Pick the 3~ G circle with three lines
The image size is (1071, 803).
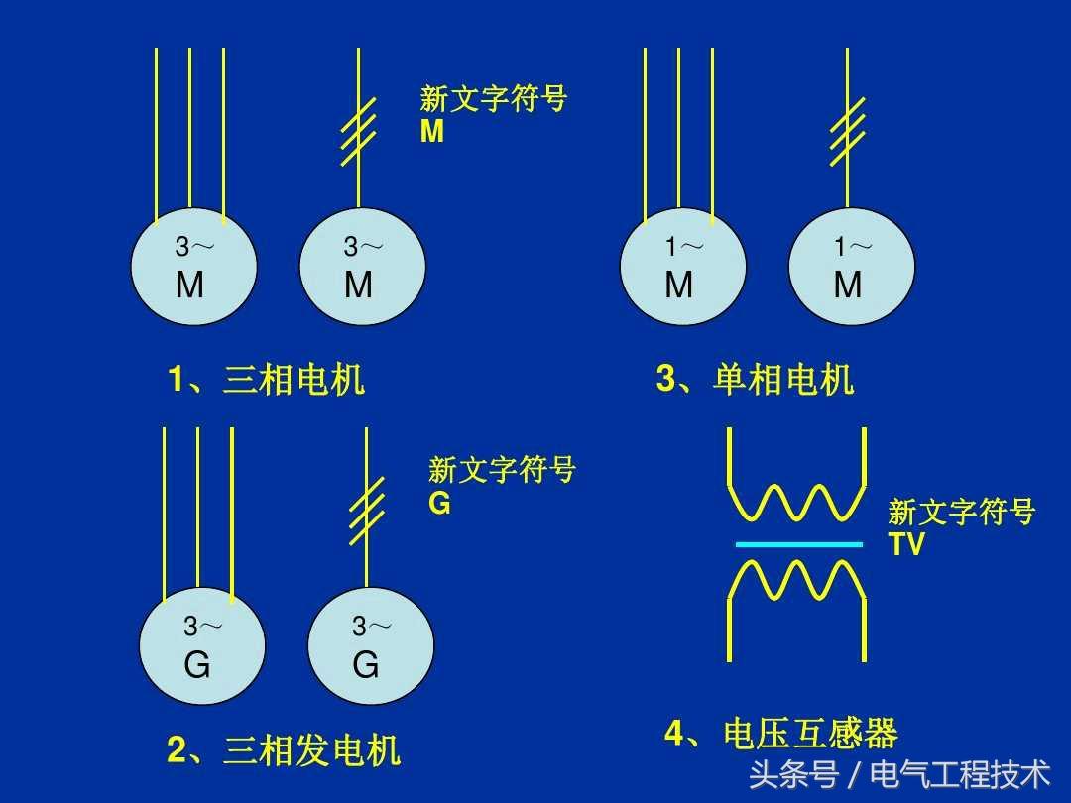[201, 647]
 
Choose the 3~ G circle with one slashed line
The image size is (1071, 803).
[370, 647]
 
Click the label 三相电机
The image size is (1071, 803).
[294, 380]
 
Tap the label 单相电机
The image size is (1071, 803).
[782, 380]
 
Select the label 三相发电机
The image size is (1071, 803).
[311, 750]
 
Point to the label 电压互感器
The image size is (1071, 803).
[810, 735]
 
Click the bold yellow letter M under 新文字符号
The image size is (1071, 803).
[432, 132]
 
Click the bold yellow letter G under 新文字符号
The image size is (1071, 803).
[439, 504]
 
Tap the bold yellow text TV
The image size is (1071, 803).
[906, 544]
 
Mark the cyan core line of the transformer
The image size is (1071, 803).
[798, 544]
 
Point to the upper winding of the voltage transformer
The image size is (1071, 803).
[798, 503]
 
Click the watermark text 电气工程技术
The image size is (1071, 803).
[959, 773]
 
